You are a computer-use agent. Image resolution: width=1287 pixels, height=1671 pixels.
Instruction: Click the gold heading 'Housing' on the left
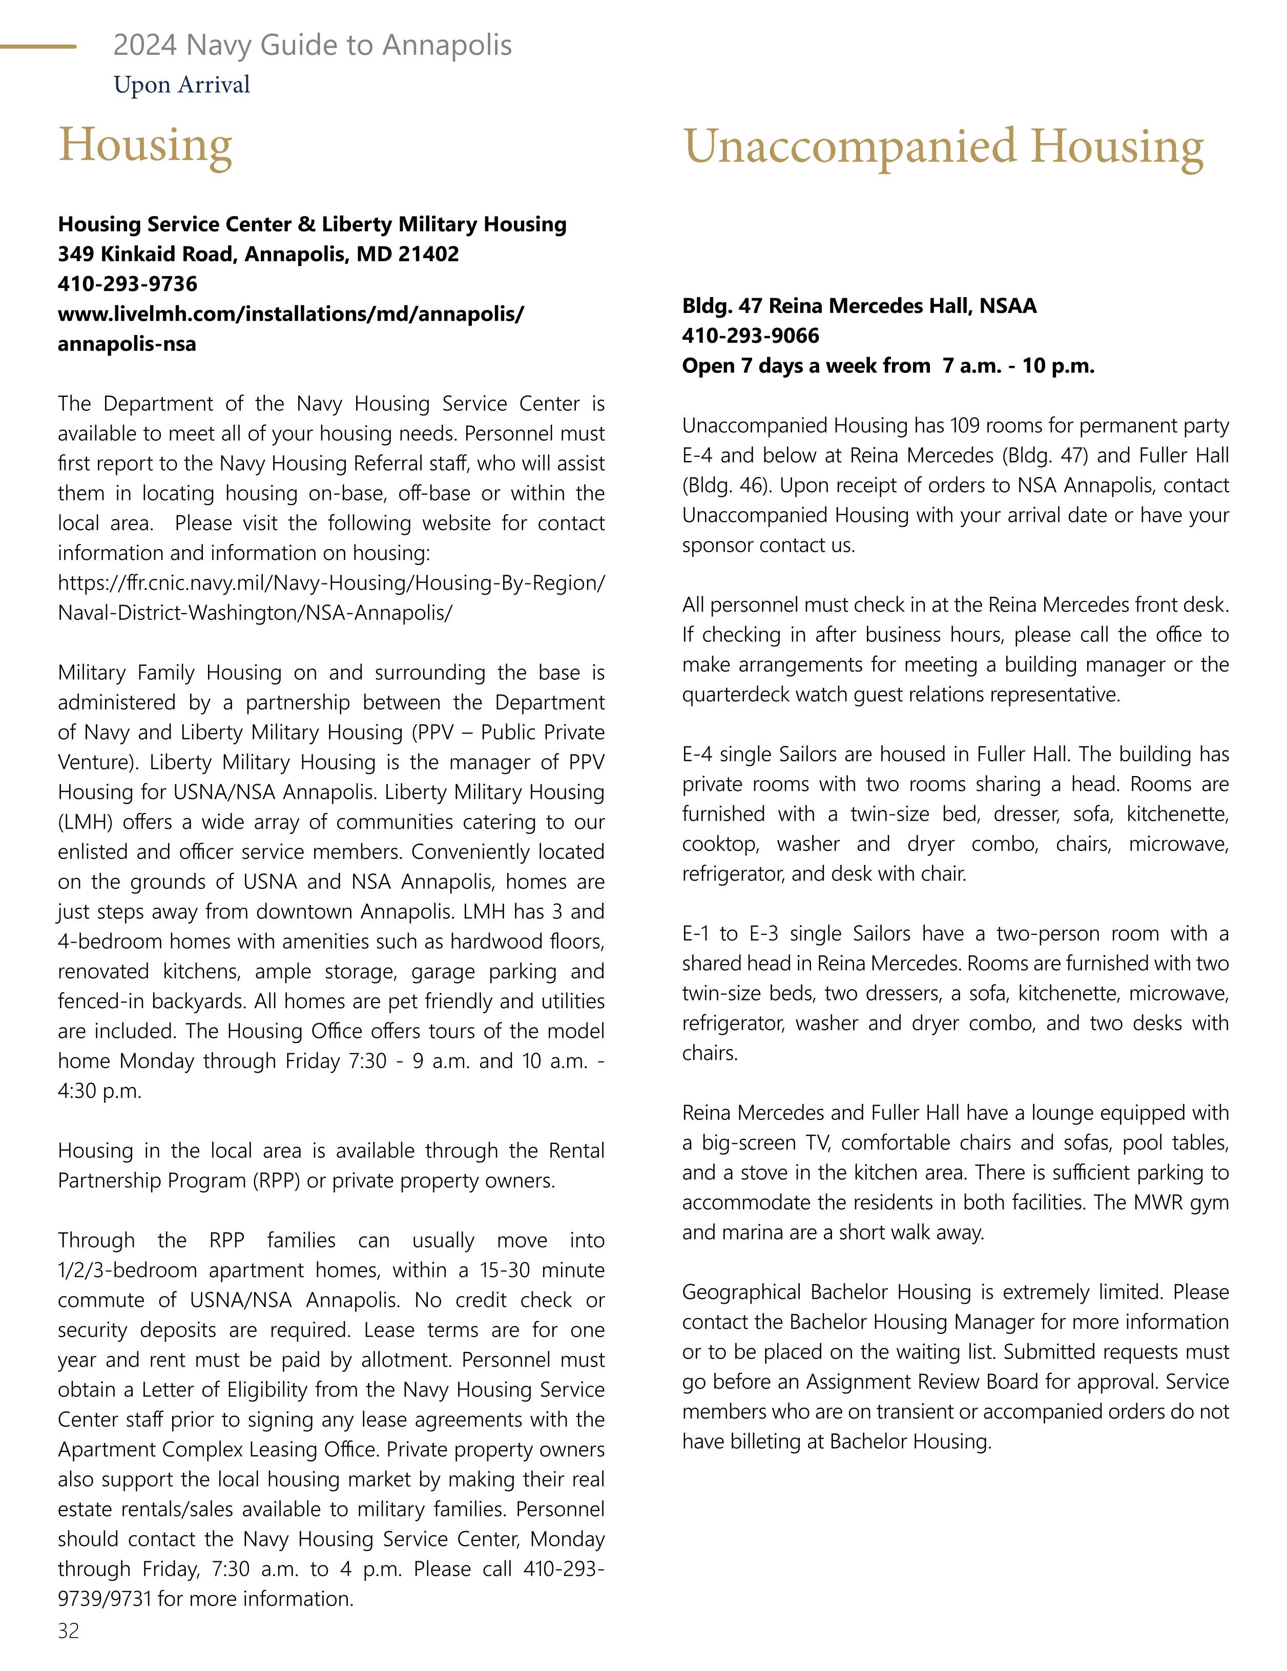(x=146, y=145)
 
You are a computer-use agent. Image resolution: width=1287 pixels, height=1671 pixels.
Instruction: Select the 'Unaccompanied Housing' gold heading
(x=943, y=147)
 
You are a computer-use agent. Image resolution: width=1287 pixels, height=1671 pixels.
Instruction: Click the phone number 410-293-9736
(x=127, y=284)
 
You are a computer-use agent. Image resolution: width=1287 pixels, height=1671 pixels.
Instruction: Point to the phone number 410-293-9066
(x=750, y=336)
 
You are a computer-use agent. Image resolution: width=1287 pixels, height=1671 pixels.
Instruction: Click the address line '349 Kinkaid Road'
(x=258, y=254)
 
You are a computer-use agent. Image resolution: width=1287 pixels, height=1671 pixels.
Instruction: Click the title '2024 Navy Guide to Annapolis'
(x=312, y=45)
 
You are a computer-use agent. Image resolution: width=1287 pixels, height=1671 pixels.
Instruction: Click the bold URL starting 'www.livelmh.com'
(x=291, y=314)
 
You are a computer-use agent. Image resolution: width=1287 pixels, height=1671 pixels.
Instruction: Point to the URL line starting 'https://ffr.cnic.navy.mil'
(x=330, y=583)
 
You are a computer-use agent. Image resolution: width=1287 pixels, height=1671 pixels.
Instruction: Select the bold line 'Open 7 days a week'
(x=887, y=366)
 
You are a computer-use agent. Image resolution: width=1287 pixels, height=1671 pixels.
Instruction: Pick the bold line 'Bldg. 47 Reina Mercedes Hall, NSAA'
(x=859, y=306)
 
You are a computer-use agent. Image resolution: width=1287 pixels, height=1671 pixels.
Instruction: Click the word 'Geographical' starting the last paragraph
(x=741, y=1292)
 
